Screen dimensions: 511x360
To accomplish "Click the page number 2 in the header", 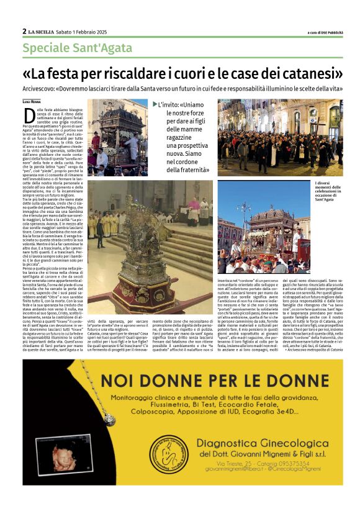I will [x=24, y=31].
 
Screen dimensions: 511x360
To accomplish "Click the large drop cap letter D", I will [x=29, y=114].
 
